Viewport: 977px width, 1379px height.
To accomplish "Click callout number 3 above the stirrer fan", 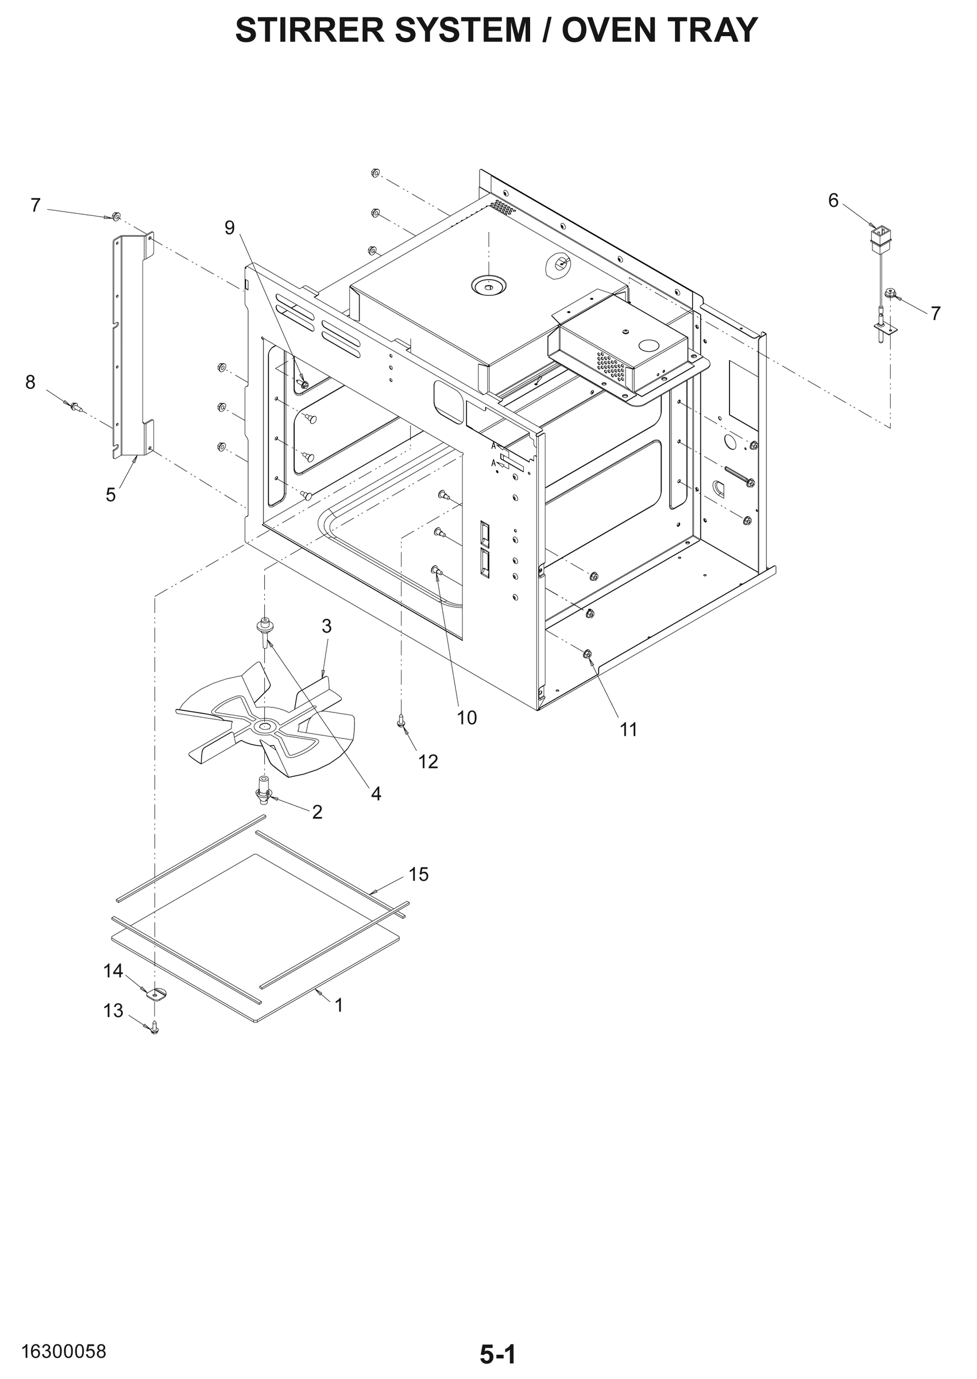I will pos(326,626).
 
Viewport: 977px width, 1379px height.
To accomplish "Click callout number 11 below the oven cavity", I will pos(628,730).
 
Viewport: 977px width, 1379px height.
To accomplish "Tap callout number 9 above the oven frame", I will pos(229,228).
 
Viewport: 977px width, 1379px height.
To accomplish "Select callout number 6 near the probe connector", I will pos(833,201).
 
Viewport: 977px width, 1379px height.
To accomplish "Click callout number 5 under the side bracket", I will pos(111,495).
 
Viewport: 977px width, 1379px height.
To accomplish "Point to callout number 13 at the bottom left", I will pos(113,1011).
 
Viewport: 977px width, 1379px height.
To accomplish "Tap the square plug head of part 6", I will pos(881,235).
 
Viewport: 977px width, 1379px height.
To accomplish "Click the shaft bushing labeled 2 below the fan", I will pos(264,791).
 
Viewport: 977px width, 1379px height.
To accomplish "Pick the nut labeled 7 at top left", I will pos(117,215).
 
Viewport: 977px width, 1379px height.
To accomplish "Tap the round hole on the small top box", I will pos(649,345).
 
